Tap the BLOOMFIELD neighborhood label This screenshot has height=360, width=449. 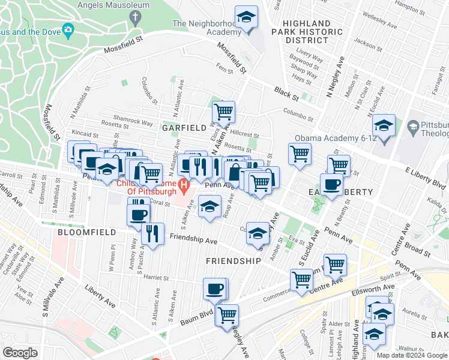[x=83, y=231]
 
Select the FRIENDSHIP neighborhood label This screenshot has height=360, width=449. [x=233, y=261]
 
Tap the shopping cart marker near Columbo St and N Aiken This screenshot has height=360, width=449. [x=223, y=111]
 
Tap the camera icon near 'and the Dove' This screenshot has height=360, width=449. [x=68, y=29]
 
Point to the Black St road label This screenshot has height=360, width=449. [x=286, y=94]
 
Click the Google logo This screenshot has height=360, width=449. [x=20, y=352]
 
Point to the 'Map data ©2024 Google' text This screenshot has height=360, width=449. [x=412, y=355]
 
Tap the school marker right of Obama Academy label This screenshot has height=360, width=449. [x=383, y=125]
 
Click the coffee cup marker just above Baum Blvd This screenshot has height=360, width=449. [x=215, y=289]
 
